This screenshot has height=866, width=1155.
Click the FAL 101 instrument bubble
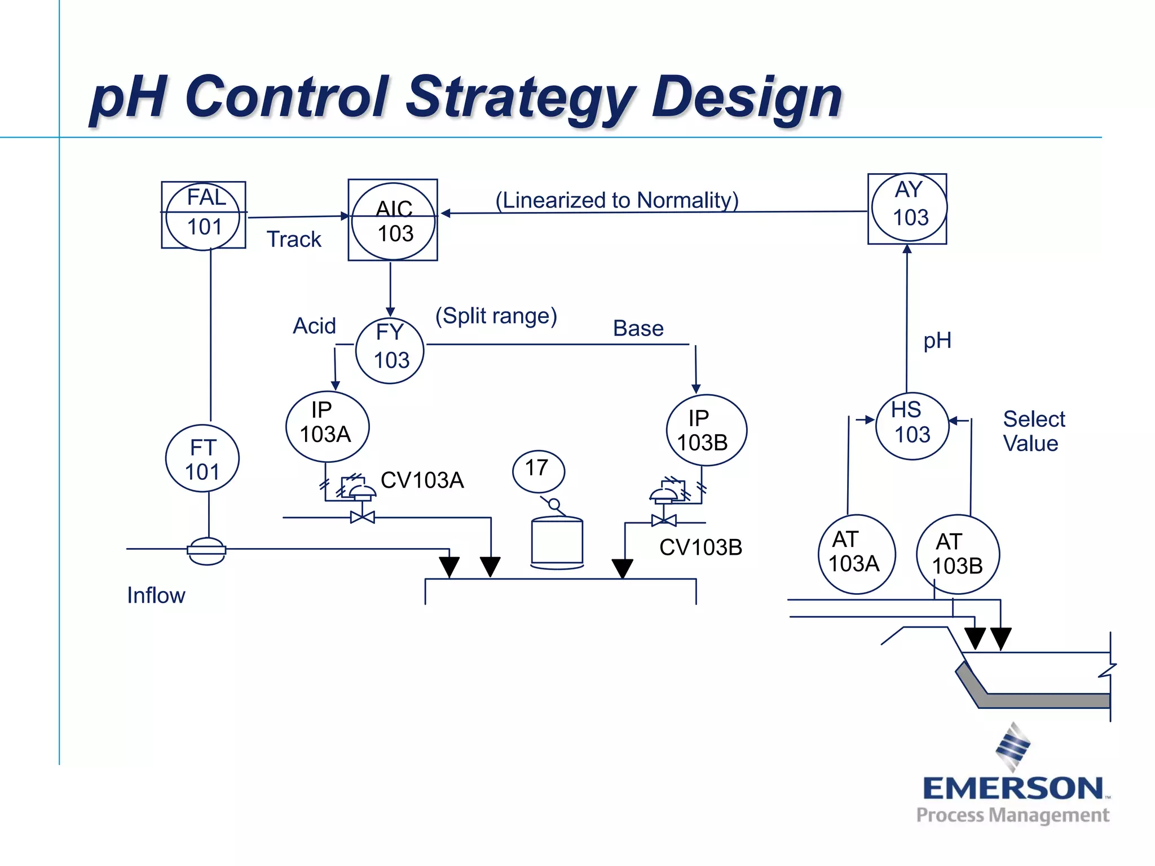click(203, 214)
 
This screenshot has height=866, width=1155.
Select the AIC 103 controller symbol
click(393, 220)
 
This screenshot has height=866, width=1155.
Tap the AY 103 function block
click(907, 207)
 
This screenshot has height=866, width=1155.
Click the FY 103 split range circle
click(390, 350)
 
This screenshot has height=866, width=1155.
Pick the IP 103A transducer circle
click(327, 426)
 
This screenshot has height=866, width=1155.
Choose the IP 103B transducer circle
click(706, 430)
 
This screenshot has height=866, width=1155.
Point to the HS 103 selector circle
click(912, 426)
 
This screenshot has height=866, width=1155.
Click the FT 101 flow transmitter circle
click(202, 458)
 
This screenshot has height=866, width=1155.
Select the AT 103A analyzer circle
click(856, 554)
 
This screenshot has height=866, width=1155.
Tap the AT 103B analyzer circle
click(958, 554)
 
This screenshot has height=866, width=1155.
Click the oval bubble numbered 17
click(538, 470)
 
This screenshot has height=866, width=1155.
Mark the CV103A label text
click(422, 480)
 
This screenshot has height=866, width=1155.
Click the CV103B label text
click(700, 547)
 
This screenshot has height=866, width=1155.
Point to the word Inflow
click(156, 595)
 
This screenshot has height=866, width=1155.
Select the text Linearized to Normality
click(617, 200)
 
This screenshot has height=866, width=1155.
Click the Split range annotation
click(496, 316)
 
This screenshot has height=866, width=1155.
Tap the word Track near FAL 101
click(293, 239)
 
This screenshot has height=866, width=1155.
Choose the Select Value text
click(1033, 431)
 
